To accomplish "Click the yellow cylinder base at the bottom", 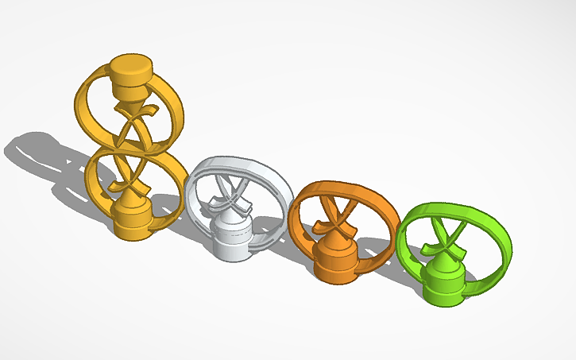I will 131,219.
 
